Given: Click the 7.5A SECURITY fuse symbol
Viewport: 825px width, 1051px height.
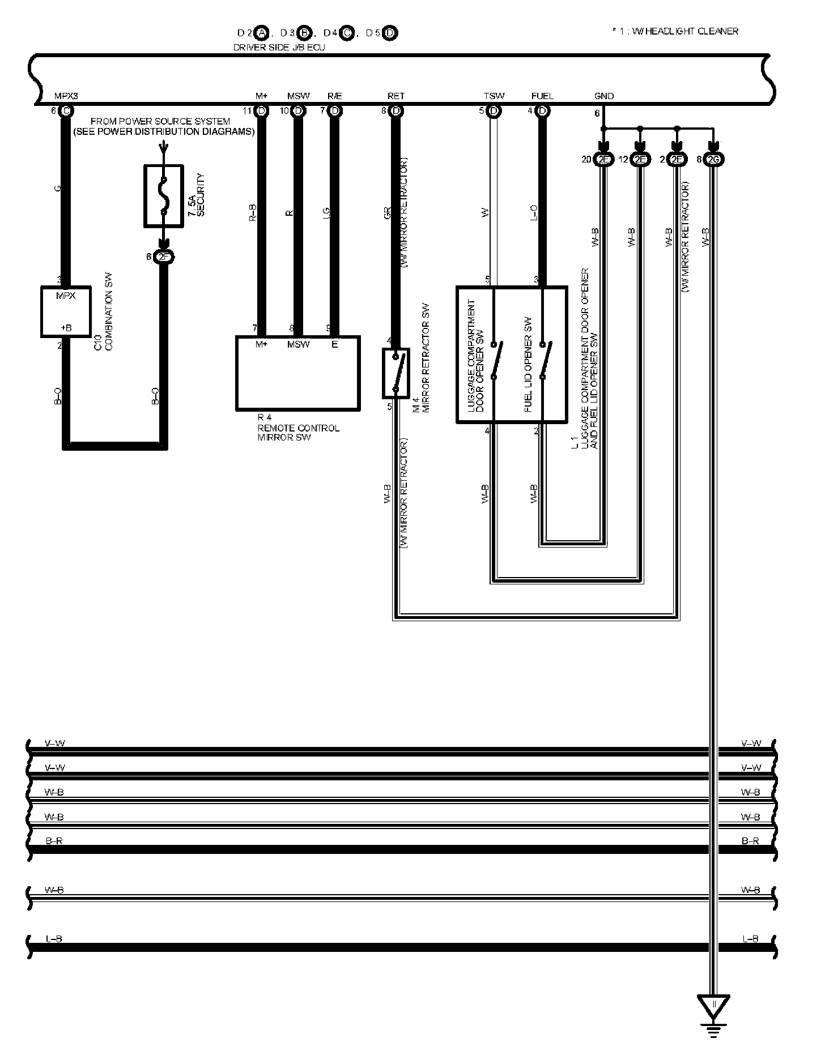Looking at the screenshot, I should [x=164, y=196].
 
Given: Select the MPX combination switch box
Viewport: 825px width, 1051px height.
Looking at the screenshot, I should [x=66, y=311].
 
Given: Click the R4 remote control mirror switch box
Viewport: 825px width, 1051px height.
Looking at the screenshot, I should [x=297, y=373].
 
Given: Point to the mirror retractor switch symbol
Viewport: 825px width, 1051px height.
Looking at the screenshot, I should [x=396, y=373].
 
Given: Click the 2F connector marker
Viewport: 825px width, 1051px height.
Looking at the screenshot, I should [x=164, y=258].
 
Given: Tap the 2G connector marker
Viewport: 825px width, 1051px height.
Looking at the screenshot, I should [x=715, y=160].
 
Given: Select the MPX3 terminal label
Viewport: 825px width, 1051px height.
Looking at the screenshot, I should [x=66, y=96].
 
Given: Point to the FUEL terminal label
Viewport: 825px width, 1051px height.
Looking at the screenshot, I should [x=542, y=96].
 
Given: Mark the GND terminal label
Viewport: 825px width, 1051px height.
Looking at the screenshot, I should [x=604, y=96].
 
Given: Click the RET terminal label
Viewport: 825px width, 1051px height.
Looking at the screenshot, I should [x=396, y=96].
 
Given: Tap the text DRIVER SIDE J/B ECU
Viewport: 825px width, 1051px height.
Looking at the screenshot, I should [x=279, y=48].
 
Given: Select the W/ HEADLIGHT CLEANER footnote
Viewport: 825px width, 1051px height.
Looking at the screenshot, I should [x=679, y=31].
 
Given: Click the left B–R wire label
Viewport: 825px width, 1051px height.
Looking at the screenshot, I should [x=54, y=841].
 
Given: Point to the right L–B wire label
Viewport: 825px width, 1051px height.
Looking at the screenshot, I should [x=750, y=939].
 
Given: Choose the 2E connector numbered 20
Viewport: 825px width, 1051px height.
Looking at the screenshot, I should [x=604, y=160].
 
